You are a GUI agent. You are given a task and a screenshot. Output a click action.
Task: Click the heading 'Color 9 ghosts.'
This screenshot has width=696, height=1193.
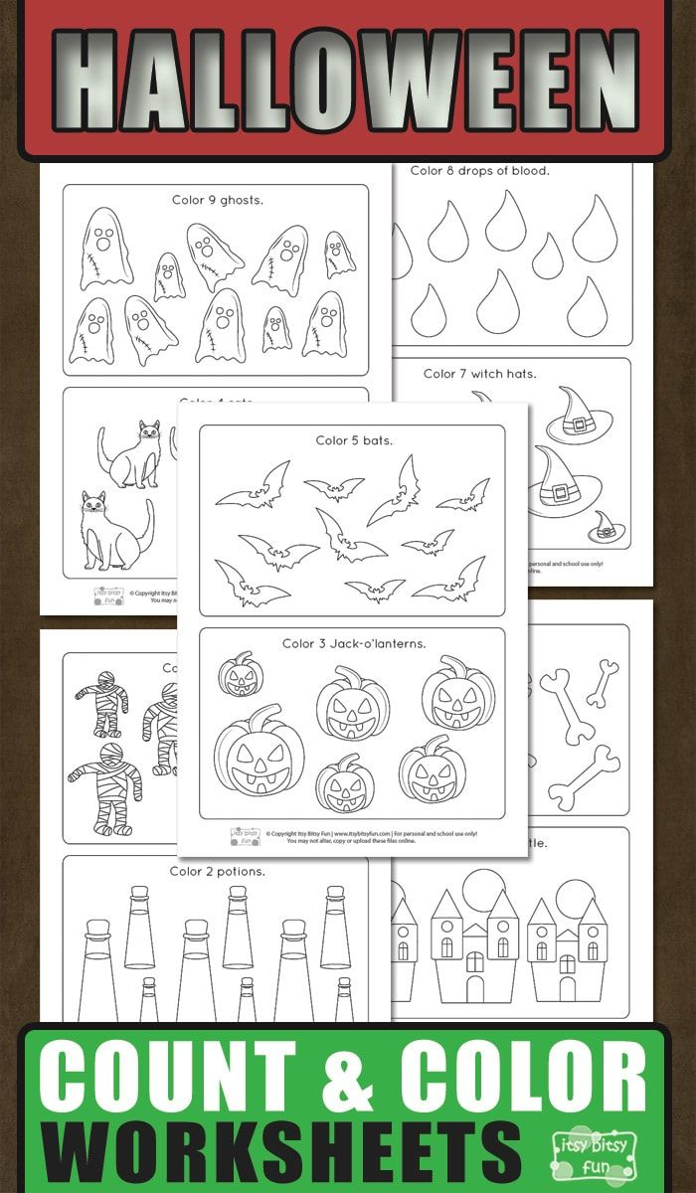217,200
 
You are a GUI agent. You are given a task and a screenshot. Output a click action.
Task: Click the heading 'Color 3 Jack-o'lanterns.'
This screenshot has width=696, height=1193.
353,643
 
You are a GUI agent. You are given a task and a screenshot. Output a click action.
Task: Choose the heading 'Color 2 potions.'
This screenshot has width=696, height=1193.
217,872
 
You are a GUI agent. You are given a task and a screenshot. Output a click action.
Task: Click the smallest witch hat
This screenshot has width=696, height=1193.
603,527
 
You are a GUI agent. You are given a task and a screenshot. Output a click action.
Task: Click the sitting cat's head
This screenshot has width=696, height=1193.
93,505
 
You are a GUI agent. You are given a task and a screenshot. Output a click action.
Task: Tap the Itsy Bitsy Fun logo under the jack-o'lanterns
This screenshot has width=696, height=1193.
245,835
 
